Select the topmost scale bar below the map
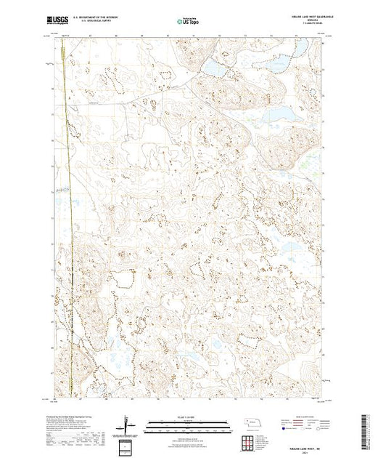[x=187, y=421]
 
